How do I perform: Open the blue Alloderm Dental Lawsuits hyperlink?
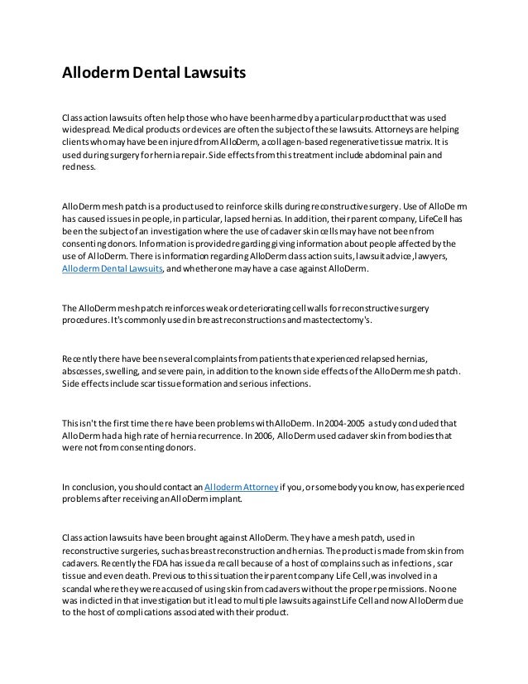[113, 270]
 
